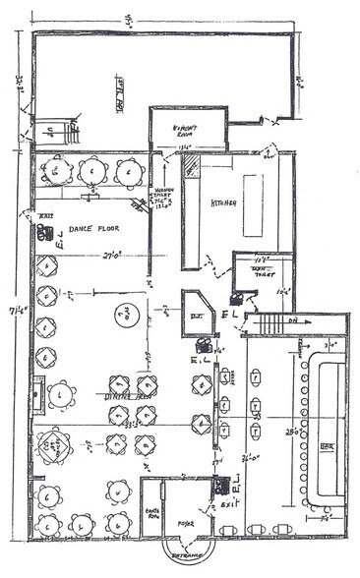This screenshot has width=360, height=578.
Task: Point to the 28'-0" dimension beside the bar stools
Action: click(x=293, y=431)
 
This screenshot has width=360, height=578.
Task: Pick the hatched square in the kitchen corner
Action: click(x=193, y=166)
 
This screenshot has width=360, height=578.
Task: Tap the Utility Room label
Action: click(x=187, y=130)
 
